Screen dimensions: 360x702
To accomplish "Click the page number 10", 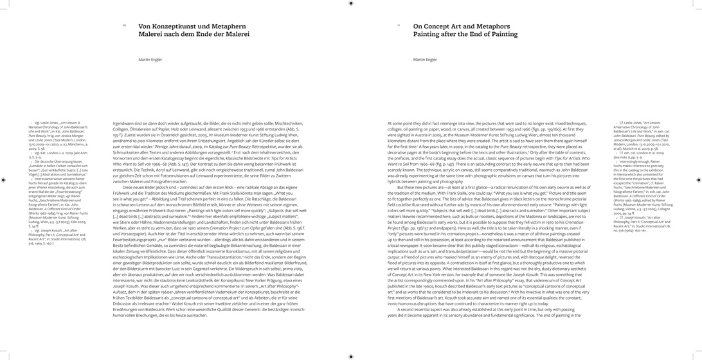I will pos(124,26).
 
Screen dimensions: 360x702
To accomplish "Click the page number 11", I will pos(399,26).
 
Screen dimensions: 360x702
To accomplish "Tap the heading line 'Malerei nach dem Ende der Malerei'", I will pos(194,34).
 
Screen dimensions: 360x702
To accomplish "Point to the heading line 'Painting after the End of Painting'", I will pos(465,34).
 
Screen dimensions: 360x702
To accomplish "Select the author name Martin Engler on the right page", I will pos(425,59).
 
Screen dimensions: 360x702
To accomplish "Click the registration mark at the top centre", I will pos(350,3).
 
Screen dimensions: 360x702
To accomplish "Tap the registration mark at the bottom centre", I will pos(350,356).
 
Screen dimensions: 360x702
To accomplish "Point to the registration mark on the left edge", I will pos(4,180).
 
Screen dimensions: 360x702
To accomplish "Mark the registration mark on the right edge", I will pos(698,180).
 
